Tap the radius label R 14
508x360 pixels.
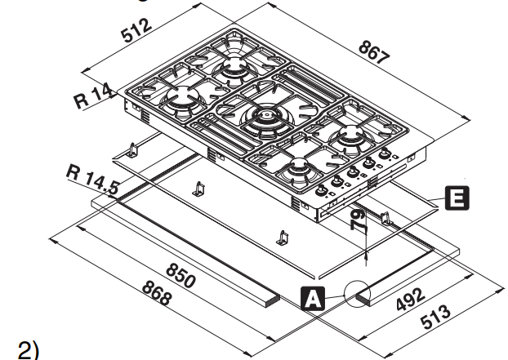93,97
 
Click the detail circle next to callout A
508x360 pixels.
360,296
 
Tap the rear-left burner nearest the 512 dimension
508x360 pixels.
235,65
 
